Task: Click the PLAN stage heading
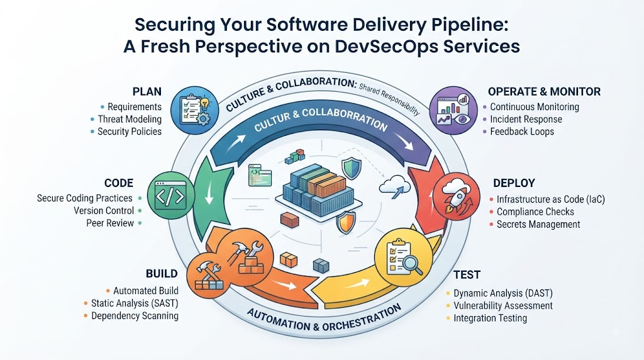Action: point(147,92)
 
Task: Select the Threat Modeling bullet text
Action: point(130,119)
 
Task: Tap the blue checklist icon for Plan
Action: point(195,110)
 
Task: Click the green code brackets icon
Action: point(171,196)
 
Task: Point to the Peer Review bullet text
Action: point(110,223)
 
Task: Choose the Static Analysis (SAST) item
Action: point(135,303)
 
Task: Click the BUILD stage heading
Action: point(162,274)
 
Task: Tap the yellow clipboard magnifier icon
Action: point(403,257)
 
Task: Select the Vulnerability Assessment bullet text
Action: point(503,306)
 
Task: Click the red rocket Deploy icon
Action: point(456,196)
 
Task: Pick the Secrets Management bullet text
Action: point(538,225)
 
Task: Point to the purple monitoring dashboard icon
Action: point(453,110)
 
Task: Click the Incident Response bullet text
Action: point(526,119)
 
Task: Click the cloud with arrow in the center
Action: point(395,186)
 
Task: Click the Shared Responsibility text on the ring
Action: point(389,99)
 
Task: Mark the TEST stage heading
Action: point(467,274)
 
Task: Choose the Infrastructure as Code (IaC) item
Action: point(551,200)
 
